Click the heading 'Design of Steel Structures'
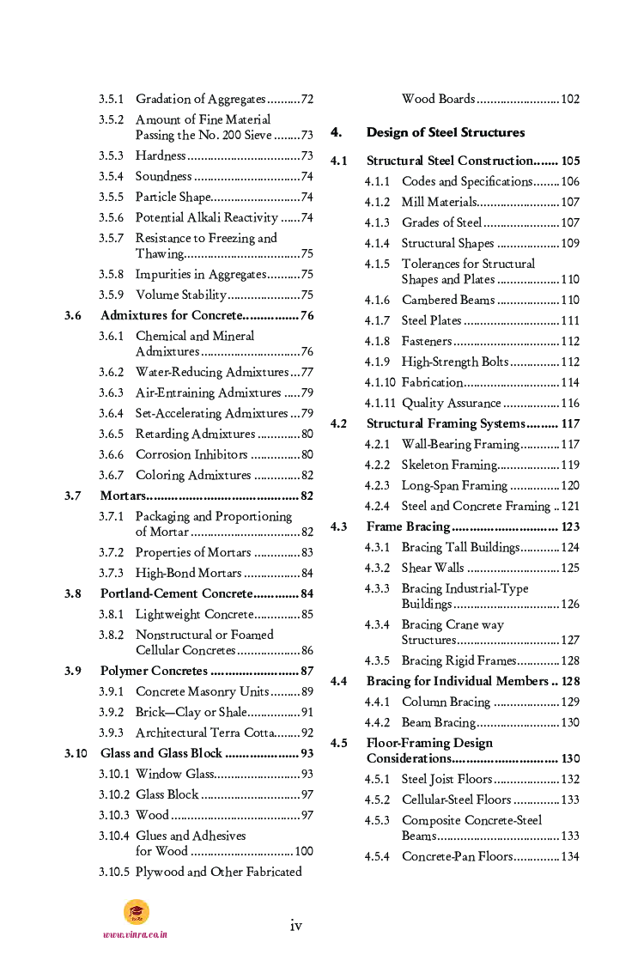coord(445,132)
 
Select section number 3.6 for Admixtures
coord(73,315)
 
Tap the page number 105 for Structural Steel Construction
coord(570,161)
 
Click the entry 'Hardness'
coord(161,155)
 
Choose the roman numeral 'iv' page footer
coord(295,925)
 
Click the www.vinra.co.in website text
coord(135,934)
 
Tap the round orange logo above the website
coord(136,911)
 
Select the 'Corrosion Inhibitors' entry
coord(191,454)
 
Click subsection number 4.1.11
coord(380,403)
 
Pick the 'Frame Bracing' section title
coord(408,526)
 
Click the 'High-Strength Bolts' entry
coord(455,362)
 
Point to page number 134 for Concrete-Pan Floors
coord(570,856)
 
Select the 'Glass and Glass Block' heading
coord(161,753)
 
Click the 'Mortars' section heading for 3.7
coord(123,496)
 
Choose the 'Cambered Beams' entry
coord(448,300)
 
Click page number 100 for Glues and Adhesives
coord(304,851)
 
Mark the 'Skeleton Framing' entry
coord(449,465)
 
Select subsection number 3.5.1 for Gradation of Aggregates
coord(111,99)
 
